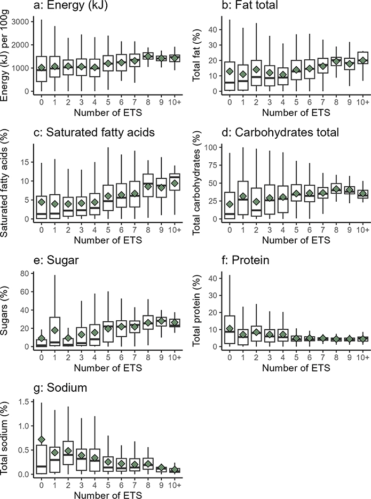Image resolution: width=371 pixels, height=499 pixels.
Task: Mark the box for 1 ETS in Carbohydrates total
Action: pyautogui.click(x=244, y=197)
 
